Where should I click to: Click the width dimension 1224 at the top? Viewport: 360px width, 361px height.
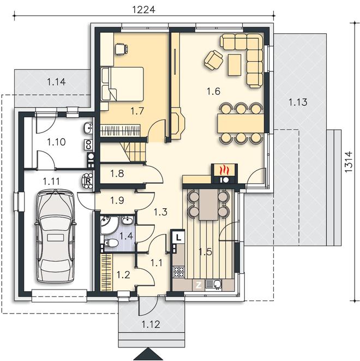143,9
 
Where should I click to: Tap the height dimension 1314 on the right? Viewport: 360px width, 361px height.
349,161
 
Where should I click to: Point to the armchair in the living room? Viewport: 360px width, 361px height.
213,60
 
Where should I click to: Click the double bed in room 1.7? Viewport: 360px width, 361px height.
122,84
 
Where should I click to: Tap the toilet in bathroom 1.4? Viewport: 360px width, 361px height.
111,243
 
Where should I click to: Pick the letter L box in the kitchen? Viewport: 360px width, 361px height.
178,237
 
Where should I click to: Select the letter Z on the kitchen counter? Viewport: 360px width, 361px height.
199,286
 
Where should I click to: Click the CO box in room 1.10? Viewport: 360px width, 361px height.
89,145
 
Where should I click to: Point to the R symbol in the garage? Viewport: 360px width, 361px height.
88,181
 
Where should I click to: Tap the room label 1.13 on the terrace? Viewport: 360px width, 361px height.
298,102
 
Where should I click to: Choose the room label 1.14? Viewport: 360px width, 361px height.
56,82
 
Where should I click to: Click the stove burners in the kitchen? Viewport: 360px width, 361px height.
179,272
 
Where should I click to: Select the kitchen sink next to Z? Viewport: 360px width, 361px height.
213,285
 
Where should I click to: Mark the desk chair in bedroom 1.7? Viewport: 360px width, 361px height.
121,49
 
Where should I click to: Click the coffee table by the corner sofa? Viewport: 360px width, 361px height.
235,65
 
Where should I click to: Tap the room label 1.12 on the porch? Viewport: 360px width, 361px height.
151,324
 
